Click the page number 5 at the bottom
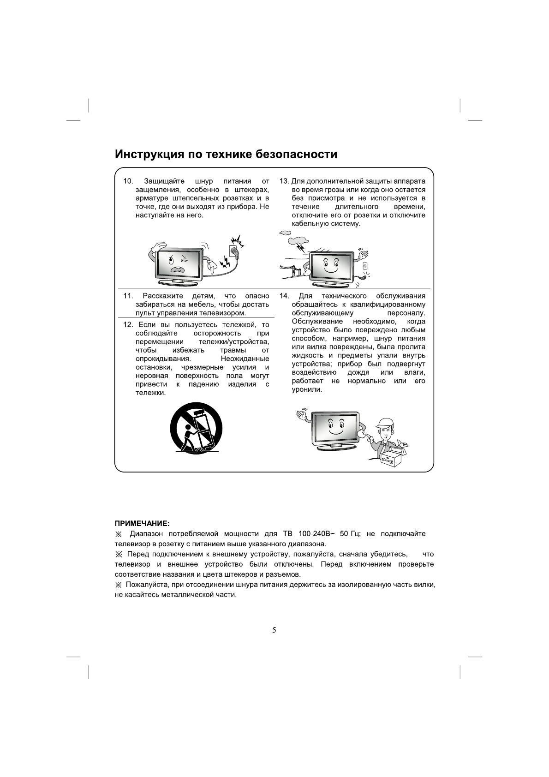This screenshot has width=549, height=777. point(274,630)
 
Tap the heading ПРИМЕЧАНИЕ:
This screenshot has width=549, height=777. point(142,524)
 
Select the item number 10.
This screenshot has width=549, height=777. point(128,181)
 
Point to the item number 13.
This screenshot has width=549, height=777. point(284,181)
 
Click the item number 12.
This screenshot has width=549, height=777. point(128,325)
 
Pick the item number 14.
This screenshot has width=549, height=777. point(284,296)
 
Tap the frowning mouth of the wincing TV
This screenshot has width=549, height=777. point(177,269)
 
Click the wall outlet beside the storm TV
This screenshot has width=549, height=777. point(365,265)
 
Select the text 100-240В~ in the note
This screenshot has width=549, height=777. point(317,534)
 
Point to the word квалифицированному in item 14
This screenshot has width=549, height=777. point(388,305)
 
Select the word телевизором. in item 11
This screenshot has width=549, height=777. point(224,313)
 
